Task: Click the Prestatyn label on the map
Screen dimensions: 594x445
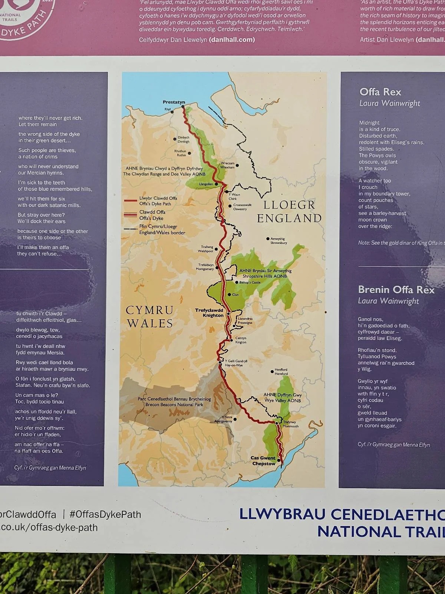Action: pos(174,102)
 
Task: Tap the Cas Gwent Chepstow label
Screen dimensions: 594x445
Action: pos(263,461)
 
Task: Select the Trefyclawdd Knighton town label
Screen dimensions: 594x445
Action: pos(210,313)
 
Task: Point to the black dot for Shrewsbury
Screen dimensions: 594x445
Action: pos(268,239)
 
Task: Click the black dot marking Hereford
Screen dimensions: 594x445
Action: pos(272,371)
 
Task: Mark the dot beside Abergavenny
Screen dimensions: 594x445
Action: pos(235,419)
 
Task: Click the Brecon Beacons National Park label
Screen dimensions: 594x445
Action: pos(174,402)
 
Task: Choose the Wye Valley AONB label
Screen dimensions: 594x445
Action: pos(282,398)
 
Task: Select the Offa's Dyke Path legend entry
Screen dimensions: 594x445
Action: pos(158,201)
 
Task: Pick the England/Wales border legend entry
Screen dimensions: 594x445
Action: pos(162,229)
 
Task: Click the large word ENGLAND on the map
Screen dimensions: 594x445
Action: pos(289,218)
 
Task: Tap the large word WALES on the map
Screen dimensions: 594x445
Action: pos(150,323)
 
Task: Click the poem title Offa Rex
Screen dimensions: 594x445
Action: pos(380,92)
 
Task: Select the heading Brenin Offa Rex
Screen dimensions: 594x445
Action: pos(396,290)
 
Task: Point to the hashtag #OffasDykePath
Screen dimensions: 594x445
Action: pos(105,515)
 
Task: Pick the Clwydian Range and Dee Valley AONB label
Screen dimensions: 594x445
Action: pos(164,171)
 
